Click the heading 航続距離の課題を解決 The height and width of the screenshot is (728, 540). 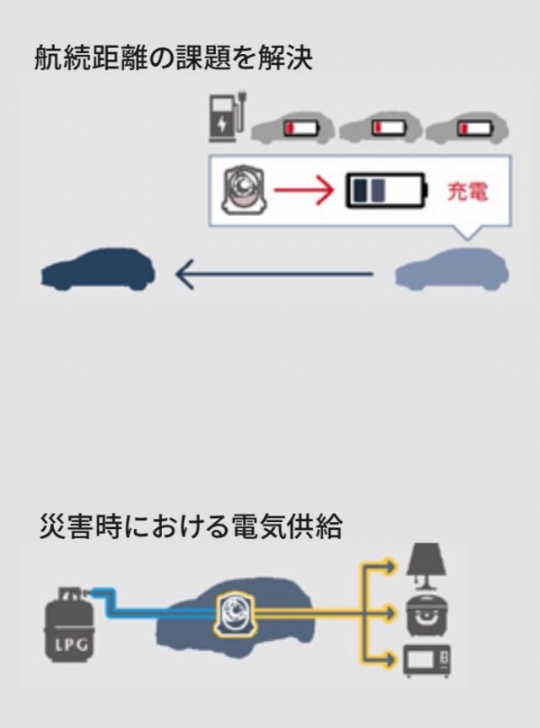coord(173,58)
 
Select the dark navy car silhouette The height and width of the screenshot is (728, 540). coord(99,271)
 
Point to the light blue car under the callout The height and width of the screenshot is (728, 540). coord(451,272)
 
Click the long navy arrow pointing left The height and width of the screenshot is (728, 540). coord(274,273)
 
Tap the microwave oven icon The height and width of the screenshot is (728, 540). coord(427,661)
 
